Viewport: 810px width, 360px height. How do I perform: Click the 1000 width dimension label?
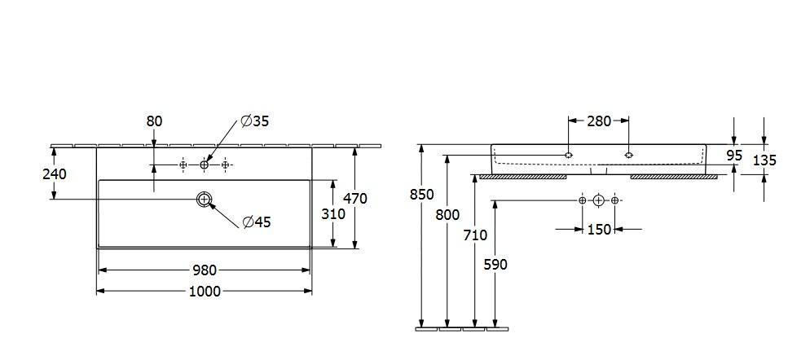click(204, 292)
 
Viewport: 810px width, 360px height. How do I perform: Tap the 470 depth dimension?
click(355, 197)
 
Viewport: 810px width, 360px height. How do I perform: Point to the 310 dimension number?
click(334, 214)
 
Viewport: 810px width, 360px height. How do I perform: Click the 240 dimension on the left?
click(55, 173)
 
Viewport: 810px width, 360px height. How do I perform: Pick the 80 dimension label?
click(154, 121)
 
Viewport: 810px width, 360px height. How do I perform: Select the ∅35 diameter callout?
click(254, 121)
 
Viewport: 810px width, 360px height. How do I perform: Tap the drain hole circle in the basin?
click(204, 199)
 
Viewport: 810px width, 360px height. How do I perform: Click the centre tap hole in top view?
click(204, 165)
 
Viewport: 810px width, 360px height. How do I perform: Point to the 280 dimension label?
click(598, 121)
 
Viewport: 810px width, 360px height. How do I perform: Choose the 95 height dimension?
click(734, 155)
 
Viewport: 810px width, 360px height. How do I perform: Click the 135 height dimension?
click(764, 160)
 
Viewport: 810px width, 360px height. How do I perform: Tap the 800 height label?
click(448, 215)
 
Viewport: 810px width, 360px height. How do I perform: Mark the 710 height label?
click(475, 235)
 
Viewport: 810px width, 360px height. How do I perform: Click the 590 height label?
click(495, 264)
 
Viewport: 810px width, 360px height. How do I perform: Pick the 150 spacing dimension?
click(599, 230)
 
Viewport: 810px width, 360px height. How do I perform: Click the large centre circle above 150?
click(599, 200)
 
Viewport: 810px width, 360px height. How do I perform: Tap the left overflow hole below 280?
click(569, 155)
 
